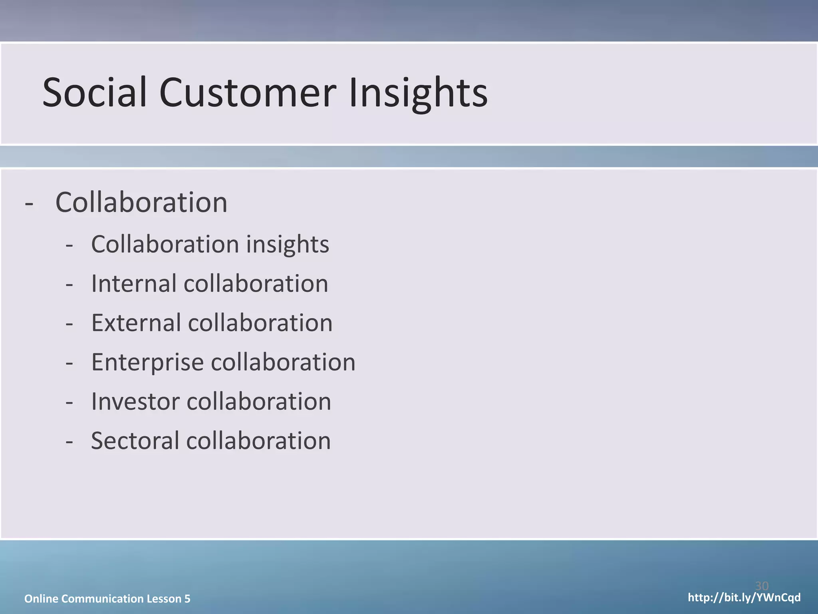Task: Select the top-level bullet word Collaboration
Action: point(141,202)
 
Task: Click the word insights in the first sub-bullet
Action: point(288,244)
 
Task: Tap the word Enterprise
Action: point(147,362)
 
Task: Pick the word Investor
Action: point(135,401)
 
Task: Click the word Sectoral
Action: point(135,441)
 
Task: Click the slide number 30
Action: point(762,586)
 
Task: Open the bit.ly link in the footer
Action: point(744,598)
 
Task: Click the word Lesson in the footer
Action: point(164,598)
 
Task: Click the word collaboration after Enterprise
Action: point(283,362)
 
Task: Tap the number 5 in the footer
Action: point(187,598)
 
